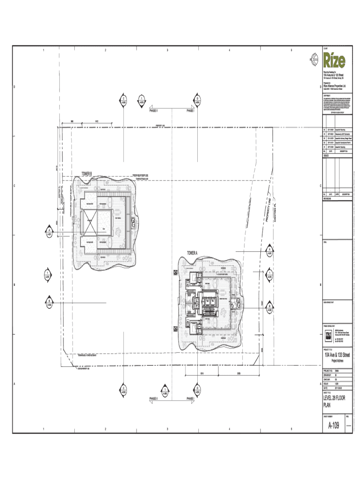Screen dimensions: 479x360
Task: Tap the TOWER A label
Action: (193, 253)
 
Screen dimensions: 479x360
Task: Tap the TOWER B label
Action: (87, 174)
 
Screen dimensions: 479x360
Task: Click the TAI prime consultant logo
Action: (328, 334)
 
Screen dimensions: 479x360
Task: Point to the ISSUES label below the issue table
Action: (326, 156)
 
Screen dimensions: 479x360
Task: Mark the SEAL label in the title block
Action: (325, 242)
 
